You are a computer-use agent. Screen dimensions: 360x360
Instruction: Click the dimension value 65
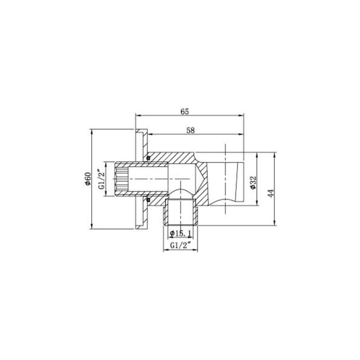click(185, 110)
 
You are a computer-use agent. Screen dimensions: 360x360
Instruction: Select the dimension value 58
click(190, 130)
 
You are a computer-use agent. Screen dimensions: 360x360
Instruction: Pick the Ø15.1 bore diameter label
click(181, 233)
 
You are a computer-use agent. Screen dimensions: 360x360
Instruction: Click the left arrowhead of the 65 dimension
click(139, 115)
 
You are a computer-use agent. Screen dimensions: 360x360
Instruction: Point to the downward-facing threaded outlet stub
click(180, 213)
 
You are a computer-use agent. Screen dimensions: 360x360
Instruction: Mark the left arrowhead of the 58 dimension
click(150, 135)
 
